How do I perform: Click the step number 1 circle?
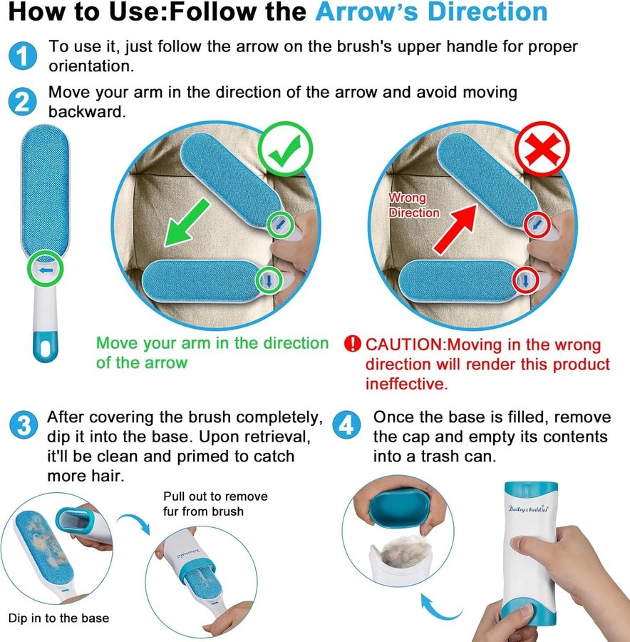[x=23, y=56]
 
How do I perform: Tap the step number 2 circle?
[x=23, y=101]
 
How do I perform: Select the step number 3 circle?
[x=24, y=425]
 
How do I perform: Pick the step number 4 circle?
[x=346, y=425]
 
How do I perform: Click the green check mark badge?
[x=286, y=149]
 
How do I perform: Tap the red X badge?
[x=542, y=148]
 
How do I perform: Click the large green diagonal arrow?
[x=187, y=223]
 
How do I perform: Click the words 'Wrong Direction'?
[x=414, y=205]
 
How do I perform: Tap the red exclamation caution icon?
[x=352, y=344]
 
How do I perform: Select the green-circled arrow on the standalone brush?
[x=46, y=269]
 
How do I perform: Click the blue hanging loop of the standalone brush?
[x=46, y=347]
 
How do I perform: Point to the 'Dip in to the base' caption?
[x=59, y=618]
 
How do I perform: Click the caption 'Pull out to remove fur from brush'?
[x=216, y=504]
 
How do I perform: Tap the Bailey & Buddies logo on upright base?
[x=528, y=509]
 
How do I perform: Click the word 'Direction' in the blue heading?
[x=487, y=12]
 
